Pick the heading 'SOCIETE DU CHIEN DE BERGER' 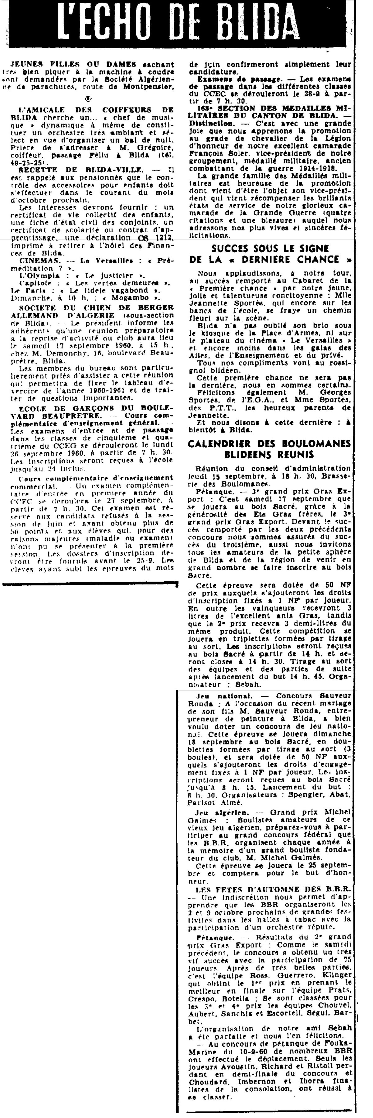pyautogui.click(x=93, y=308)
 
